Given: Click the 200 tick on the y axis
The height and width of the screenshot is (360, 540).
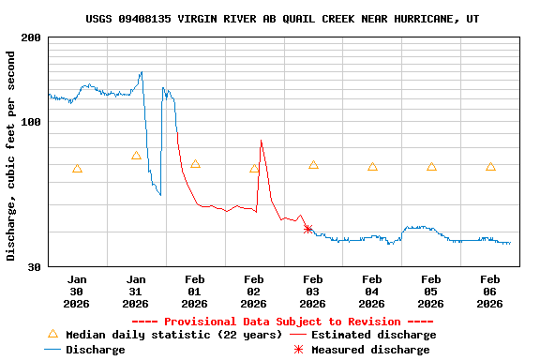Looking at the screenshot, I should point(32,37).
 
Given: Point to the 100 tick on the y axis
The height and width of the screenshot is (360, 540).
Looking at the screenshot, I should point(32,122).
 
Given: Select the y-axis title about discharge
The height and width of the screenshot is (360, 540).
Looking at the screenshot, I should point(11,151).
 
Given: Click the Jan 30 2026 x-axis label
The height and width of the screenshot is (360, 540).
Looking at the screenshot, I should point(77,292).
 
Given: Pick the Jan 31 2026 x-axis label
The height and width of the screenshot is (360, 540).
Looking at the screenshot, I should point(136,292).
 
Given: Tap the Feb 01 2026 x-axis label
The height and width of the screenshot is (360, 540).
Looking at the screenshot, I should point(195,292).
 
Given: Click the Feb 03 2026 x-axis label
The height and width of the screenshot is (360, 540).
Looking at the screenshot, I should point(313,292).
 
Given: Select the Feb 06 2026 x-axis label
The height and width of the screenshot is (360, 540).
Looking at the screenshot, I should point(490,292).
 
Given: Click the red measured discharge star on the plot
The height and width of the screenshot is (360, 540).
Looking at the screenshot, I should point(307,229).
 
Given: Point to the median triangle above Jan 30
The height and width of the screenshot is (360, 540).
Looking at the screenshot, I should point(77,169).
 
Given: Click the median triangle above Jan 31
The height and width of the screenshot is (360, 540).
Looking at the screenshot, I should point(136,156).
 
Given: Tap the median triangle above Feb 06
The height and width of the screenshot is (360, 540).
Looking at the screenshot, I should point(490,167).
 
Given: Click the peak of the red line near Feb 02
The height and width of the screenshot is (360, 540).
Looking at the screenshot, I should point(261,141).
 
